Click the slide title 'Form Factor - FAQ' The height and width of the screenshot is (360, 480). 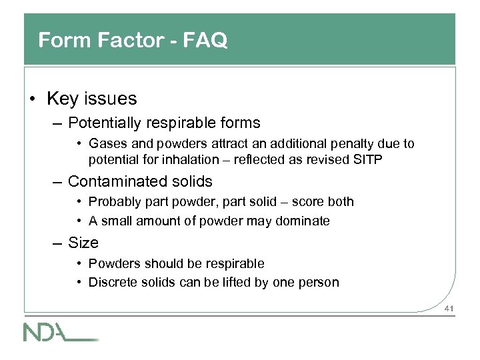[133, 41]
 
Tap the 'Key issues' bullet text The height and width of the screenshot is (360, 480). [91, 99]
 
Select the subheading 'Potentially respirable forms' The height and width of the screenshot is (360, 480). [164, 123]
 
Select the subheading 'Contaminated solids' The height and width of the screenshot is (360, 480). [140, 181]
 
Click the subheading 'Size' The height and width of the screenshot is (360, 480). [83, 243]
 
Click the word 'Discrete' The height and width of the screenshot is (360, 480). [112, 282]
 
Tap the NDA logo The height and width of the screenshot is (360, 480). [60, 331]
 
